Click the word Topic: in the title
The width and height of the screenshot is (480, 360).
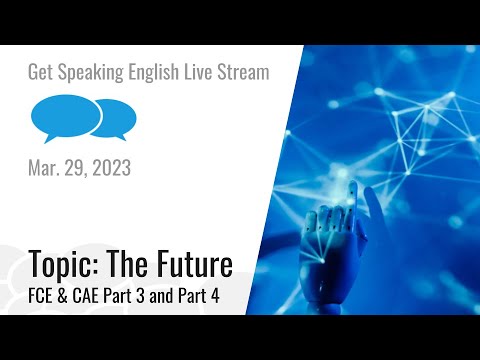click(69, 265)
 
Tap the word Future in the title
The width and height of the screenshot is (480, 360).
click(196, 264)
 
